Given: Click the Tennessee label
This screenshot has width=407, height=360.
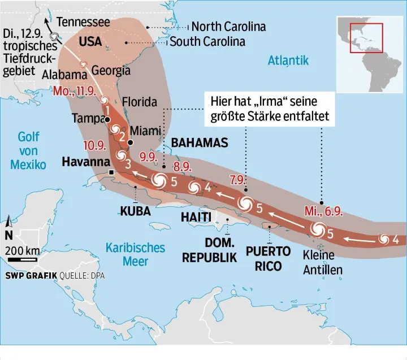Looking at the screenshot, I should [84, 22].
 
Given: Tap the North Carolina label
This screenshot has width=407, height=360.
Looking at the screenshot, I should [228, 27].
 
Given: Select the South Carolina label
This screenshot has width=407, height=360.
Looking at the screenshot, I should [207, 42].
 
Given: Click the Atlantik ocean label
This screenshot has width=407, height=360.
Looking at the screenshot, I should [288, 60].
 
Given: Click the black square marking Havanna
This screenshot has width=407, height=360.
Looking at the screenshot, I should [112, 172].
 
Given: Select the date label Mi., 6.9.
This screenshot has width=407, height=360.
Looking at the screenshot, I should [323, 211].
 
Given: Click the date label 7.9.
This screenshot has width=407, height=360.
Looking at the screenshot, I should [238, 181].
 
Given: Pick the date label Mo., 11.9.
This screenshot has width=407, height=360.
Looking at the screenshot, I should [75, 92].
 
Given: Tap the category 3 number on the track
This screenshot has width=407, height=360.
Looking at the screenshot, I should [128, 164].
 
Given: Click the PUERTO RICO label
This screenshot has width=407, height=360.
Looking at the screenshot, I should [268, 258].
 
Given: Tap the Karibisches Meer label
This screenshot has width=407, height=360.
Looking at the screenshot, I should [136, 254].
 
